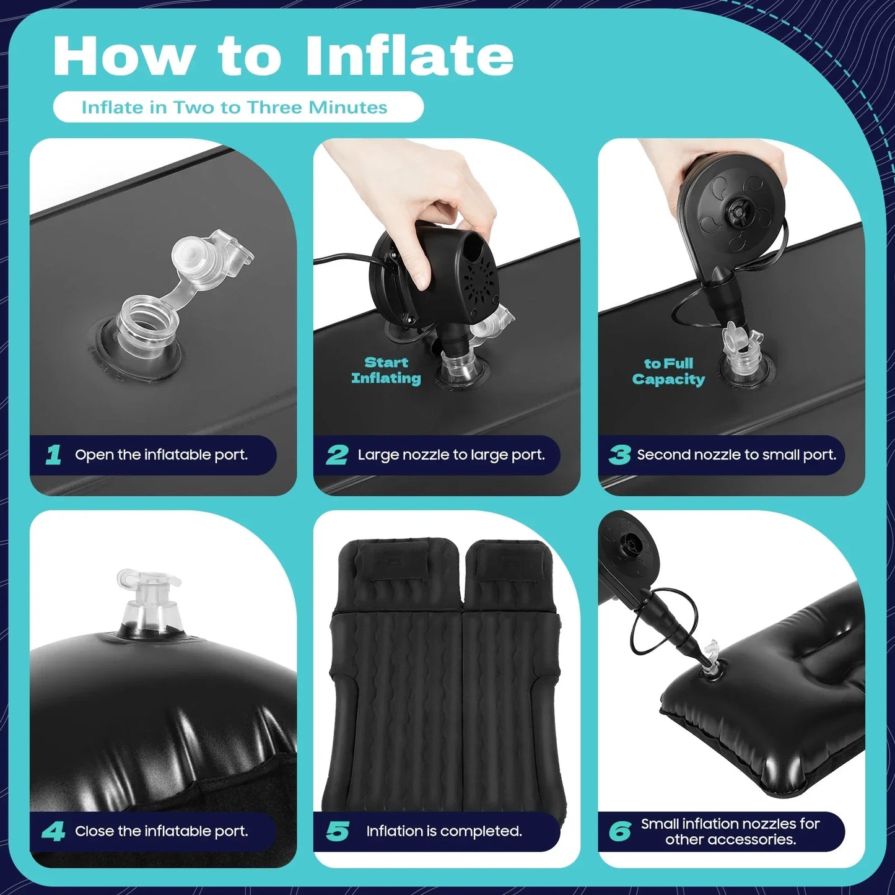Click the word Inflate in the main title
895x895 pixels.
(409, 57)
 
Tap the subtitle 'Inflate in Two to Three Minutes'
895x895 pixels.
(234, 108)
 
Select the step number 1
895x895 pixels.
(54, 455)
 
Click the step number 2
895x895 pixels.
(337, 455)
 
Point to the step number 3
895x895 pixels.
(619, 455)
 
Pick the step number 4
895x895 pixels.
(54, 831)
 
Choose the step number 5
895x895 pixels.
(338, 831)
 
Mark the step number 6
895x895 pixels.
(620, 831)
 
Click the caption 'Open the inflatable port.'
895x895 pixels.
(161, 455)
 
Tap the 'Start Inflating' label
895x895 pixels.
(386, 370)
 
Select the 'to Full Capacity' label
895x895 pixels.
(668, 372)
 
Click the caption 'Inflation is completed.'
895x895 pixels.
(444, 831)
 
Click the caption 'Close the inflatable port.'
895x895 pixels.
(161, 831)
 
